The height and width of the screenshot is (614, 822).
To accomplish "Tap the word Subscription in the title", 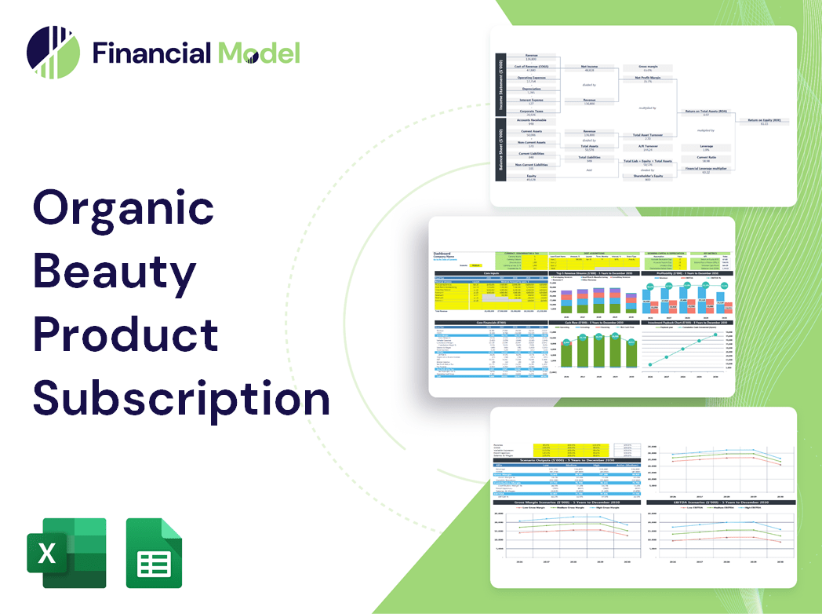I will click(x=181, y=397).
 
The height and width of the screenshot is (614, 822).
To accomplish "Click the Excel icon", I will click(x=66, y=553).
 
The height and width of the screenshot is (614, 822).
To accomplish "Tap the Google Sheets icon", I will click(x=155, y=553).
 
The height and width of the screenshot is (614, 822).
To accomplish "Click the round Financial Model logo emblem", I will click(x=53, y=53).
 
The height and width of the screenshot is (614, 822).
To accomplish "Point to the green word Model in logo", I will click(x=259, y=53).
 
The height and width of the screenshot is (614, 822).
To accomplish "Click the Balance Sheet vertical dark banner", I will click(x=500, y=150).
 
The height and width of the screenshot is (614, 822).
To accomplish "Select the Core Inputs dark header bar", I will click(x=491, y=273).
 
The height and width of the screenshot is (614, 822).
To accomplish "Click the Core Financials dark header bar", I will click(x=491, y=322).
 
